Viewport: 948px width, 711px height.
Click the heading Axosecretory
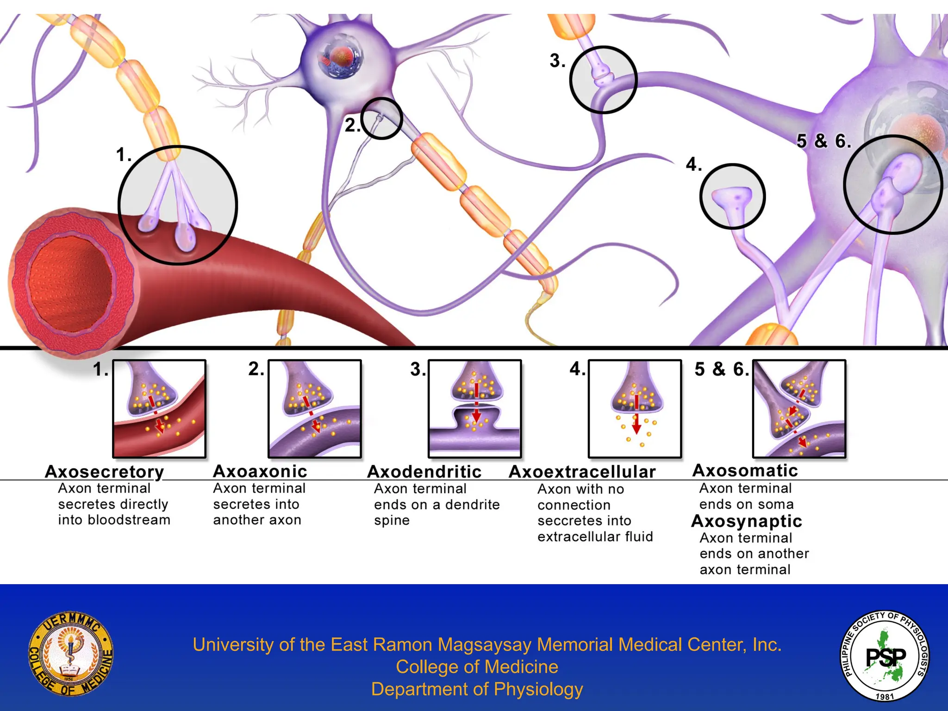click(x=104, y=472)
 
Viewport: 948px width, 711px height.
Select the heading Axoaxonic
click(x=260, y=471)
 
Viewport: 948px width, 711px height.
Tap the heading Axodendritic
click(x=424, y=472)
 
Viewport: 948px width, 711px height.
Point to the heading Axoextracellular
click(x=582, y=472)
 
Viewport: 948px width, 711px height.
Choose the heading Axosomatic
click(x=745, y=470)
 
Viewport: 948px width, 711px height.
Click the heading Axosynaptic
click(x=746, y=521)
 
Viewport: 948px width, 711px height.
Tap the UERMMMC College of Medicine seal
click(x=71, y=653)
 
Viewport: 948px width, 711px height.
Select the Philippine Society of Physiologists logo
click(x=885, y=655)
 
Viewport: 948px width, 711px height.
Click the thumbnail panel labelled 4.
click(x=635, y=409)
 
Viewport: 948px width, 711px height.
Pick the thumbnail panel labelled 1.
click(x=159, y=409)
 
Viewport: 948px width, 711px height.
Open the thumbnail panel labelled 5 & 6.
click(x=799, y=409)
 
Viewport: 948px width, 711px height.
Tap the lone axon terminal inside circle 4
click(x=732, y=197)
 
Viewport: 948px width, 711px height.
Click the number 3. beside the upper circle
click(x=557, y=61)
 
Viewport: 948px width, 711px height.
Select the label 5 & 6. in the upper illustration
click(x=823, y=141)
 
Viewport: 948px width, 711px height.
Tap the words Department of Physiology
click(x=477, y=689)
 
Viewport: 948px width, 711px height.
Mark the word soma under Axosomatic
click(x=776, y=504)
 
